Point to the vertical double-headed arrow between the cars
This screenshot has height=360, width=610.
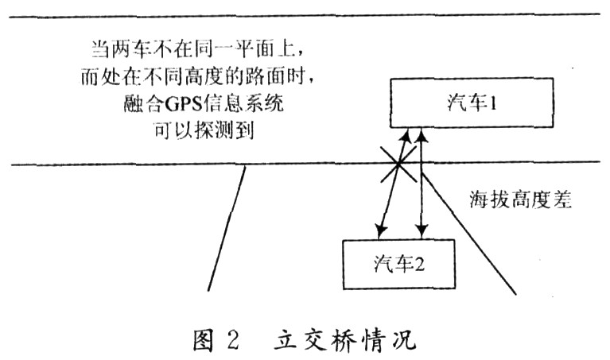click(x=421, y=184)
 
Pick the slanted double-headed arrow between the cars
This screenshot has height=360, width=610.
click(x=393, y=184)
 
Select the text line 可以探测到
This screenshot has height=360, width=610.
click(x=204, y=127)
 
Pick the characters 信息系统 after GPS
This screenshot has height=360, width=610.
click(x=263, y=101)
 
